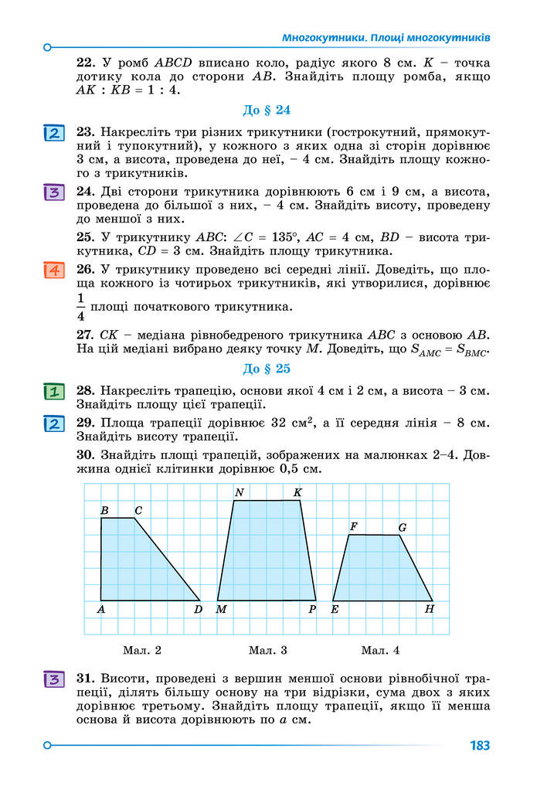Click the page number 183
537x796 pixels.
point(479,746)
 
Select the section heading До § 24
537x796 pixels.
point(267,110)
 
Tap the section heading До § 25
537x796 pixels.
point(267,369)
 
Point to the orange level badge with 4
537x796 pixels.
point(53,270)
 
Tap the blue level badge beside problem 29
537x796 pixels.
point(53,424)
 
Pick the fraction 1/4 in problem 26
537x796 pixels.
point(80,307)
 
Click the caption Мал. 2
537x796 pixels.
point(141,650)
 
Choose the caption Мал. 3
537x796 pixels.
point(267,650)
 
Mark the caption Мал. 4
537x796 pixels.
point(380,650)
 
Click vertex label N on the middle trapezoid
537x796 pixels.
point(239,492)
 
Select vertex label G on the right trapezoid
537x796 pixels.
point(402,527)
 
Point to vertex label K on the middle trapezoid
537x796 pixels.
point(297,492)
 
